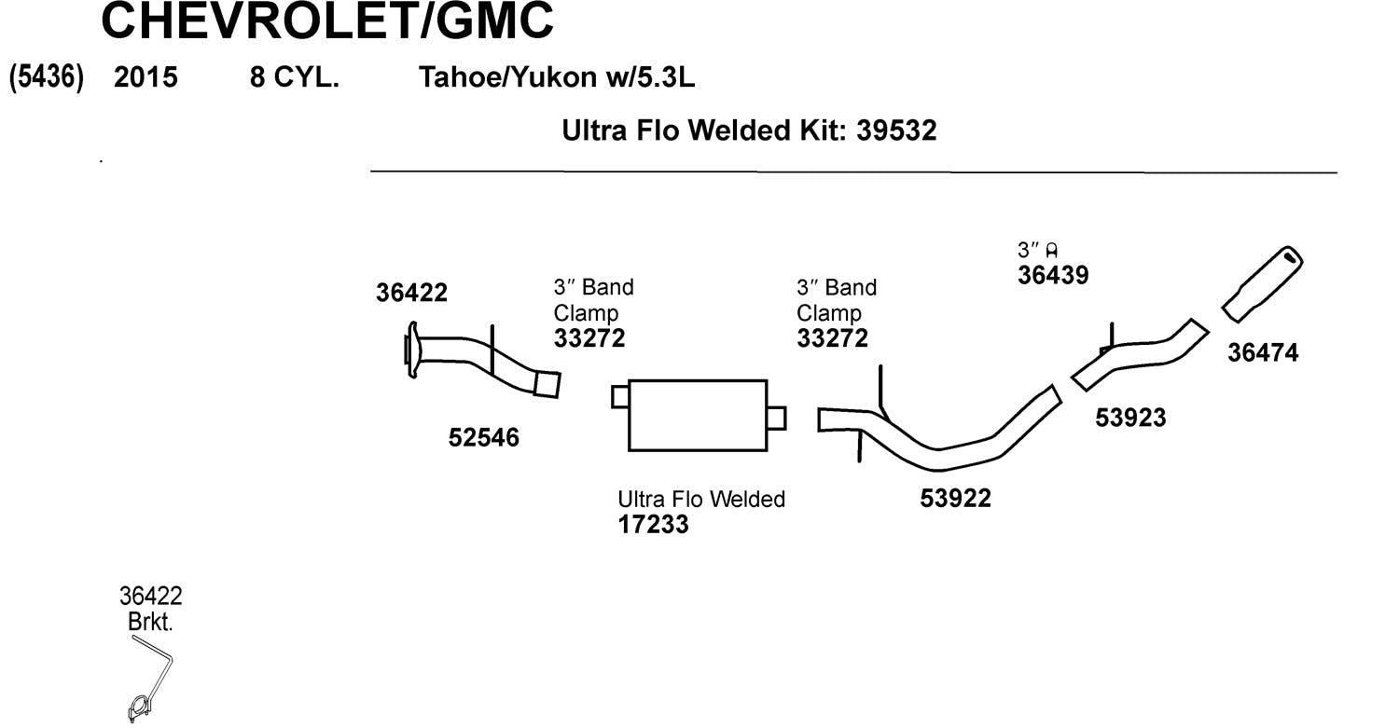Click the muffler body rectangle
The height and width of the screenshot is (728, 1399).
click(x=698, y=416)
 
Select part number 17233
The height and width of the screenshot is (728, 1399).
click(x=653, y=525)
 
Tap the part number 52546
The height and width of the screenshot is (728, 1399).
click(x=483, y=437)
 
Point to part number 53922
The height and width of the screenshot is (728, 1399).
click(x=955, y=499)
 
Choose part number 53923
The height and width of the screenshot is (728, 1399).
click(x=1130, y=418)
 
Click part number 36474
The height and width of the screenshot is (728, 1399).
click(x=1263, y=353)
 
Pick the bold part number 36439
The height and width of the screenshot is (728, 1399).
click(x=1053, y=275)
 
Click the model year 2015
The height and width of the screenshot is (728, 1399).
click(x=145, y=77)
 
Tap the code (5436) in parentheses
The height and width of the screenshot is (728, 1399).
click(x=47, y=77)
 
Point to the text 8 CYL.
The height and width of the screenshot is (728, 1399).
click(x=294, y=77)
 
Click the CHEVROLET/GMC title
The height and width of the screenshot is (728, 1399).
click(x=326, y=22)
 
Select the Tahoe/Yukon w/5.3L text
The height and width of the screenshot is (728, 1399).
click(x=557, y=77)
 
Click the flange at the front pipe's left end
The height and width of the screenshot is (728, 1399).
click(x=411, y=350)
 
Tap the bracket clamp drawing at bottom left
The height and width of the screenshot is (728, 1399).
click(x=140, y=707)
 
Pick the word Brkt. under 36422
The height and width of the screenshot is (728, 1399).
click(x=150, y=622)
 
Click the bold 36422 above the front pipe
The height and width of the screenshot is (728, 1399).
click(x=411, y=293)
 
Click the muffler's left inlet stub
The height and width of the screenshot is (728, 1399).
click(x=620, y=397)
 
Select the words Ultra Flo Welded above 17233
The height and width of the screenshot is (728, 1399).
click(x=701, y=500)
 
